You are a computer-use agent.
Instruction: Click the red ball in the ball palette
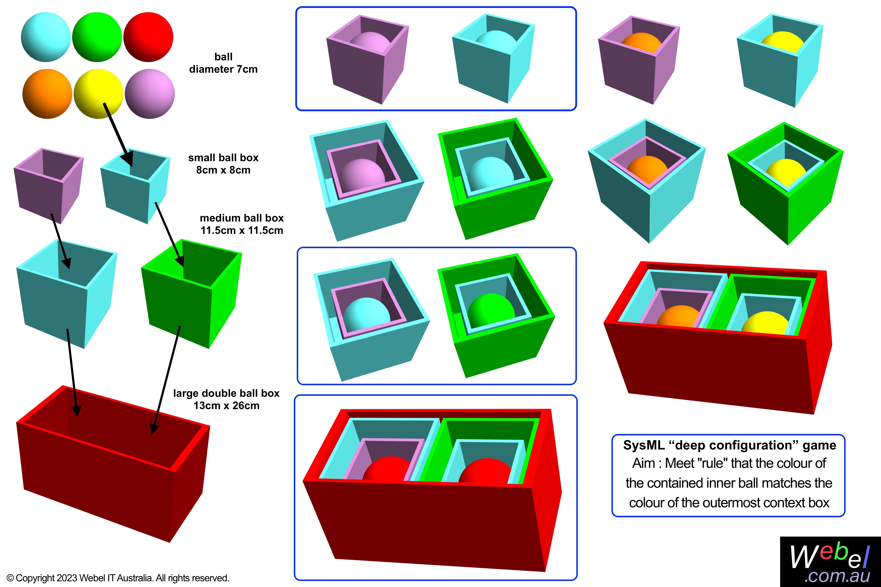(x=148, y=37)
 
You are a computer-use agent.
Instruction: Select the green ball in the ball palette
(x=97, y=37)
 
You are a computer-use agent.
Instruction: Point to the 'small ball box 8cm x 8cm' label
(x=223, y=164)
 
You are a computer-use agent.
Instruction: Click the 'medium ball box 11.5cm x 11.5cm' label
(x=242, y=224)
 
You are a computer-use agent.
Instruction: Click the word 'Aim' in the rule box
(x=644, y=463)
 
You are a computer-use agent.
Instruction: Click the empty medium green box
(x=191, y=296)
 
